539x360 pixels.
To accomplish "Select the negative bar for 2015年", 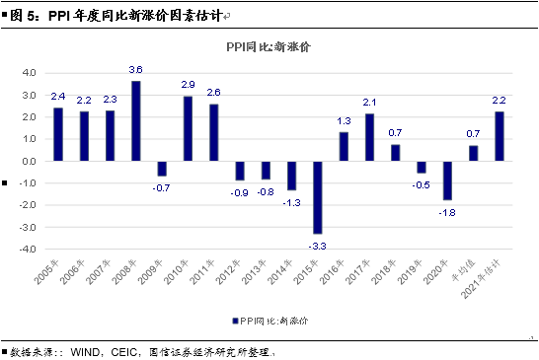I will coord(317,196).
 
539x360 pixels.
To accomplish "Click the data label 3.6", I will coord(136,70).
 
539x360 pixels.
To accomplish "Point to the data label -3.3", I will coord(317,243).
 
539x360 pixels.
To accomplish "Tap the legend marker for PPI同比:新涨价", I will coord(232,321).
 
